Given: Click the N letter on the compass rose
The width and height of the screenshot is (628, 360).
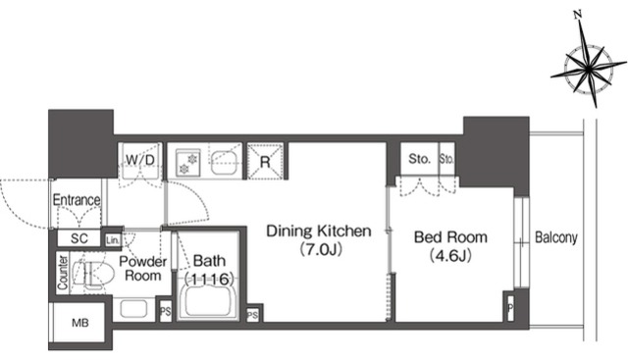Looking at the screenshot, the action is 578,16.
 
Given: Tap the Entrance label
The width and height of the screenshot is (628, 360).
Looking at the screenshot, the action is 77,199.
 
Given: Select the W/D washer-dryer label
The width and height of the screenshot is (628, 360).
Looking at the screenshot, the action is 139,160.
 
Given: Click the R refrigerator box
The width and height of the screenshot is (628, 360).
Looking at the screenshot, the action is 265,161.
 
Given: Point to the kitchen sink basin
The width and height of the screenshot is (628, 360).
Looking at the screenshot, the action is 225,162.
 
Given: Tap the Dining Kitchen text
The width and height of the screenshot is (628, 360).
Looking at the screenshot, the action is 319,231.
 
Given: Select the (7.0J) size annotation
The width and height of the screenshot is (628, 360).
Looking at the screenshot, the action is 319,250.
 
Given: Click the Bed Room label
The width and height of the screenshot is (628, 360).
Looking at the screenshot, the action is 450,237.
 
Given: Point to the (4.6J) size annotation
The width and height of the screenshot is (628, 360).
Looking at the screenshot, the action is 450,255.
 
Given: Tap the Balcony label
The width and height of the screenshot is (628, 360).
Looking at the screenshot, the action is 556,237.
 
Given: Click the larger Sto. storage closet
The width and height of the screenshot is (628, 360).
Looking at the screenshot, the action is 419,159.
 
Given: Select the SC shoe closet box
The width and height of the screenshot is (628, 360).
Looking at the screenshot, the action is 78,238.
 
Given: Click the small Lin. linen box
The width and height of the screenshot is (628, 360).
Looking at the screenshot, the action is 113,240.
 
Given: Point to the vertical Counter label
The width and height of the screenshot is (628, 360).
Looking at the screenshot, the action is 63,273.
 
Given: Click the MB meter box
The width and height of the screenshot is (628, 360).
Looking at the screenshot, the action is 80,323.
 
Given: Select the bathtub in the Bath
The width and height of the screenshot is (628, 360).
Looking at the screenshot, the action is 208,297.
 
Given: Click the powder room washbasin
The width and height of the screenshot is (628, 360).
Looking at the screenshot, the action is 133,309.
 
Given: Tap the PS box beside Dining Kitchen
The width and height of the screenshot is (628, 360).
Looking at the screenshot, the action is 252,316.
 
